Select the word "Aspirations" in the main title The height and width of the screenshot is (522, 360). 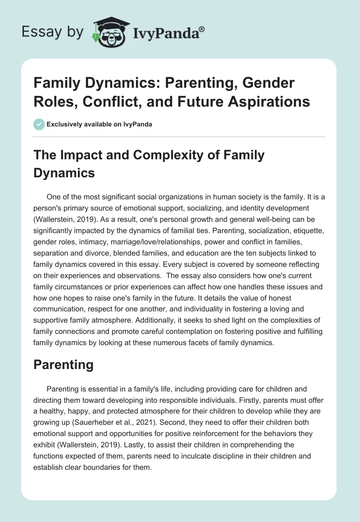[273, 102]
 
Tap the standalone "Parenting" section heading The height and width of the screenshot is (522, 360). [63, 364]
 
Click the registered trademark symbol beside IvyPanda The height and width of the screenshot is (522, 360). [202, 29]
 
